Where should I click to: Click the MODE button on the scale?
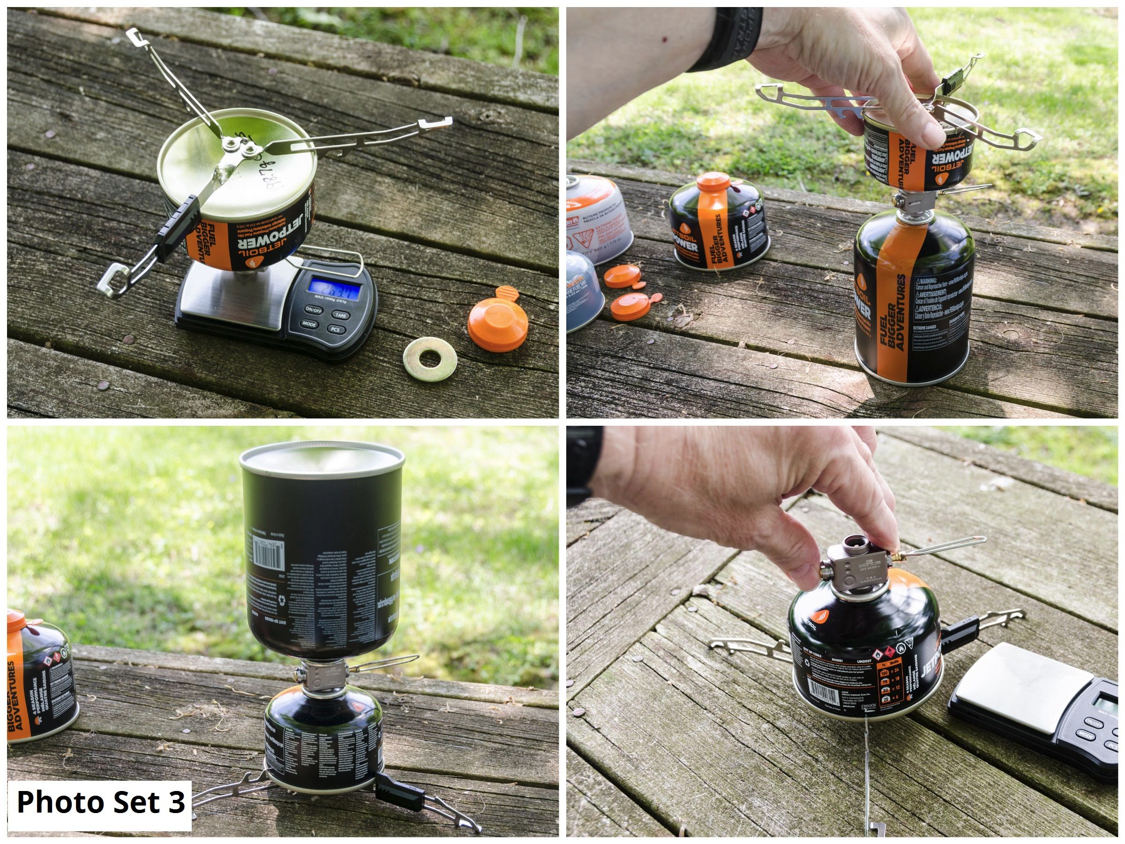(x=309, y=324)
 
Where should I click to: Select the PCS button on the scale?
(x=336, y=330)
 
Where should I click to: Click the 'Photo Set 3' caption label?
(x=100, y=802)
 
